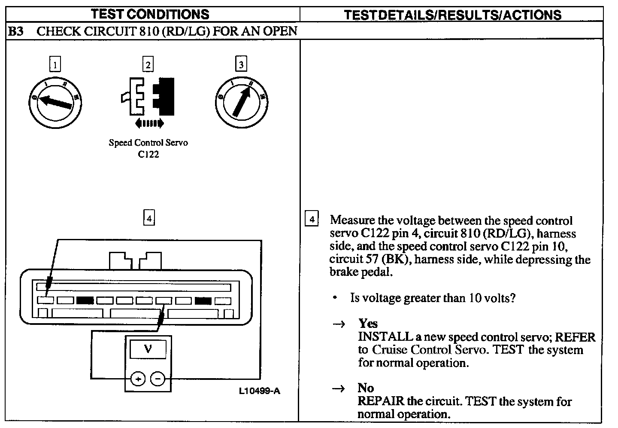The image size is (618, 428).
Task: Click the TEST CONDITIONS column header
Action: [150, 14]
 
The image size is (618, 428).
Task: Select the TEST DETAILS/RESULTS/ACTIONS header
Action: [453, 15]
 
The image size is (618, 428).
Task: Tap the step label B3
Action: [16, 31]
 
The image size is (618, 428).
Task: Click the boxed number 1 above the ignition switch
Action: [55, 64]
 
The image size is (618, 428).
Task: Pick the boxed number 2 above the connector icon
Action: [148, 64]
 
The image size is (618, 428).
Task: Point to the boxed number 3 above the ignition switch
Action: [241, 64]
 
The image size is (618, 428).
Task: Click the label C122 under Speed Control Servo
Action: [148, 154]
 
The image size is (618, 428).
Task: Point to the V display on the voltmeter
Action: [148, 349]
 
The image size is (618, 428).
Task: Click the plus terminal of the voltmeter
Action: [138, 379]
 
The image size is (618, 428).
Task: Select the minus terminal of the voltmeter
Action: [158, 379]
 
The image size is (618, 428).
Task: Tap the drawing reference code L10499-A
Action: [260, 391]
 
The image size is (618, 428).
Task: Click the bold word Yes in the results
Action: [368, 324]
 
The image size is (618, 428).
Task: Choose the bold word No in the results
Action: [366, 388]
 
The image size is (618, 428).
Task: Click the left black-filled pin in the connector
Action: [85, 301]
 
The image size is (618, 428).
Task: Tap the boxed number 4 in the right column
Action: [312, 220]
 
